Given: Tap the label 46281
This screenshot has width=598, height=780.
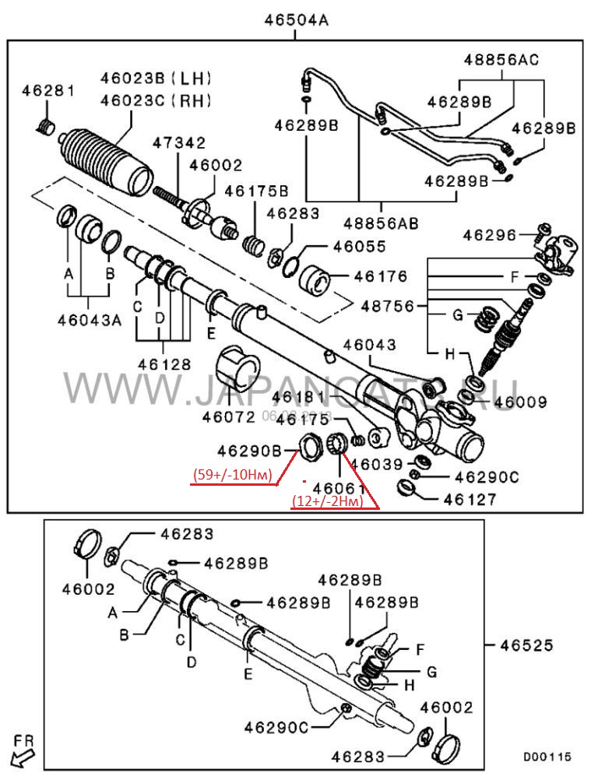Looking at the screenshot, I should (47, 91).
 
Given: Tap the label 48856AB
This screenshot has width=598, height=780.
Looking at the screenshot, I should (382, 223).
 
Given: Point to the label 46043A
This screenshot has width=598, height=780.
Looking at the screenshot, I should (89, 319).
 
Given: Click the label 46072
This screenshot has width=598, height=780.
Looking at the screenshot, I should (229, 416).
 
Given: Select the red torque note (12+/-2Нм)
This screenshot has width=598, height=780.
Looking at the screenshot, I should (327, 502).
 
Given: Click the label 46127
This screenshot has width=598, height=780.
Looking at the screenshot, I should (469, 499).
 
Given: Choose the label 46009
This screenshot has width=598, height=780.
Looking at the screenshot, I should (520, 402).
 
